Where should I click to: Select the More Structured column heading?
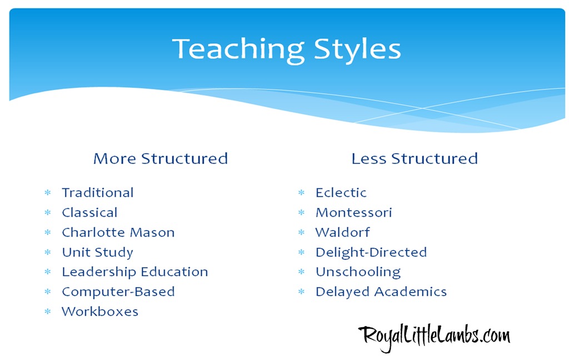click(x=161, y=158)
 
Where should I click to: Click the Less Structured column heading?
click(x=415, y=158)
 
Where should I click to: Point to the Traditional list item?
click(x=98, y=193)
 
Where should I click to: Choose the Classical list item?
click(x=89, y=213)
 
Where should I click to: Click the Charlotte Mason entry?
click(x=118, y=232)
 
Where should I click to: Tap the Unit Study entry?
click(x=97, y=252)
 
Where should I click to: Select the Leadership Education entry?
click(x=135, y=272)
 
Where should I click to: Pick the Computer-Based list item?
click(x=118, y=292)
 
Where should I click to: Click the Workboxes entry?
click(x=100, y=312)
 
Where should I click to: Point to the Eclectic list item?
click(x=341, y=193)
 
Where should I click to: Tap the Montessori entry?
click(x=353, y=213)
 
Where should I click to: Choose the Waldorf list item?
click(x=342, y=232)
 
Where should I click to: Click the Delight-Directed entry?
click(x=371, y=252)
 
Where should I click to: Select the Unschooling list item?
click(x=358, y=272)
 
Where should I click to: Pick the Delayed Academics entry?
click(x=381, y=292)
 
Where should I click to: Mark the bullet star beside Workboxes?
click(x=48, y=312)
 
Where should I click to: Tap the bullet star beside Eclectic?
click(x=302, y=193)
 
